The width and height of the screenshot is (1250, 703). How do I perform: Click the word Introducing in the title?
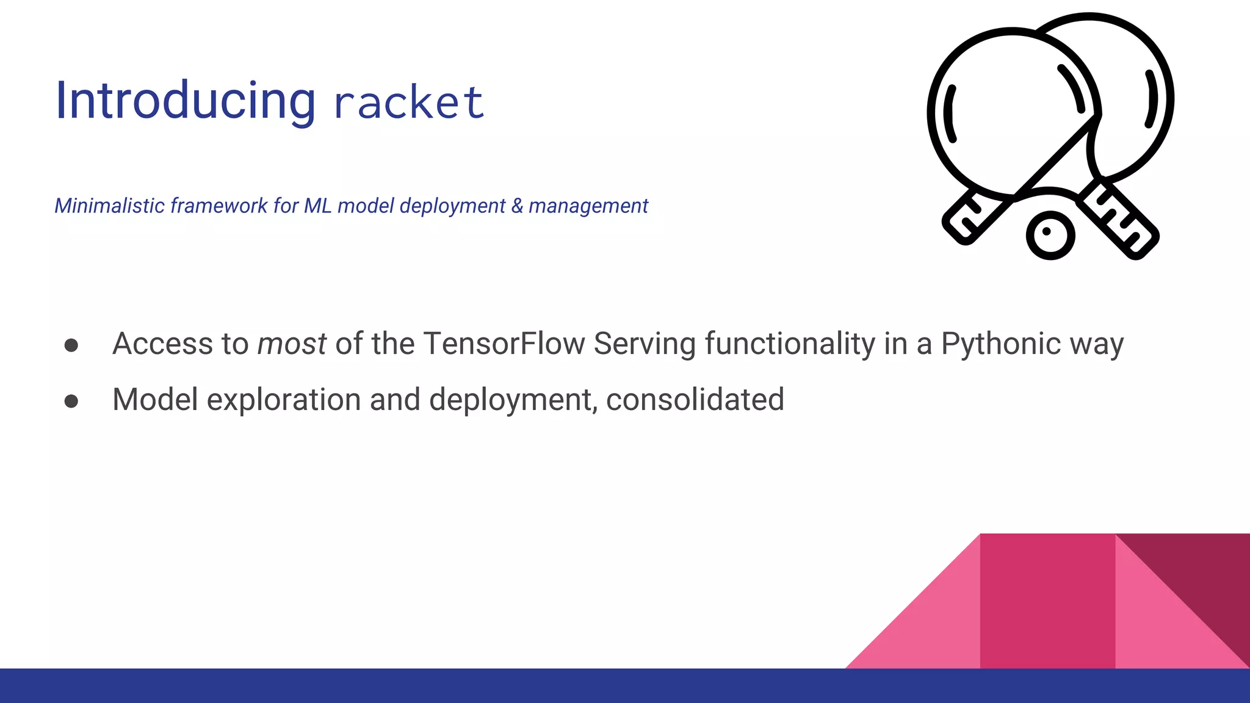pyautogui.click(x=185, y=101)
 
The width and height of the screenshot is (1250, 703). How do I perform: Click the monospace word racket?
pyautogui.click(x=409, y=103)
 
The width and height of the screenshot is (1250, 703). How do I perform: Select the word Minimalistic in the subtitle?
pyautogui.click(x=110, y=206)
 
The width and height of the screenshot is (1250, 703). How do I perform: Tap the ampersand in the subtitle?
pyautogui.click(x=517, y=206)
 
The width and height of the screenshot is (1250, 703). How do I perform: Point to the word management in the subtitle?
pyautogui.click(x=588, y=206)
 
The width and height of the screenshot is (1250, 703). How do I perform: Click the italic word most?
pyautogui.click(x=292, y=344)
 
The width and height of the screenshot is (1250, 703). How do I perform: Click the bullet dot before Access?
pyautogui.click(x=71, y=345)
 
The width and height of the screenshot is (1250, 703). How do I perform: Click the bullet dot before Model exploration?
pyautogui.click(x=71, y=402)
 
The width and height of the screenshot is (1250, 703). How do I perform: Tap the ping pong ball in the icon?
pyautogui.click(x=1050, y=235)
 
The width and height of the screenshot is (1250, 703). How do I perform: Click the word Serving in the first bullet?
pyautogui.click(x=644, y=344)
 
